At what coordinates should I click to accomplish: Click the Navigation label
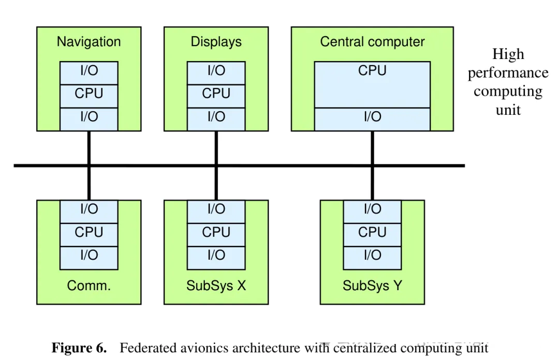[89, 42]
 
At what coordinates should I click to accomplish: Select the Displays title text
[216, 42]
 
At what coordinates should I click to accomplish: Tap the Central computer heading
[372, 42]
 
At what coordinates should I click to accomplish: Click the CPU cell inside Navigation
[89, 94]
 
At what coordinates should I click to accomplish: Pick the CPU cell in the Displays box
[216, 94]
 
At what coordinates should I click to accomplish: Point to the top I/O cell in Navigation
[89, 71]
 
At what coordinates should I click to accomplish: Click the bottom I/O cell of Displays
[216, 117]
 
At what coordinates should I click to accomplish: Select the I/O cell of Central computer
[372, 117]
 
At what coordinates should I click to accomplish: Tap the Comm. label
[89, 285]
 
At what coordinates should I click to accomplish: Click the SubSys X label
[216, 285]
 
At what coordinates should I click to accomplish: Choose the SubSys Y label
[372, 285]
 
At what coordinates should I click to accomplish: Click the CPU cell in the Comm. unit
[89, 232]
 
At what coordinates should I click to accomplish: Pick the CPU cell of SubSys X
[216, 232]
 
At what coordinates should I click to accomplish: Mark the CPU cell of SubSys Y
[372, 232]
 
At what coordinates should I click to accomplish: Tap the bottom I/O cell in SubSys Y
[372, 255]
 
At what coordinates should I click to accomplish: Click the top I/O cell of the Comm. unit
[89, 209]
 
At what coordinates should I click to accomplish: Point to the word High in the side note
[508, 54]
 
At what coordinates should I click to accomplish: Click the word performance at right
[508, 73]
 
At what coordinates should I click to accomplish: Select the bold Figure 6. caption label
[79, 348]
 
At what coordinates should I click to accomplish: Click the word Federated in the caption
[146, 348]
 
